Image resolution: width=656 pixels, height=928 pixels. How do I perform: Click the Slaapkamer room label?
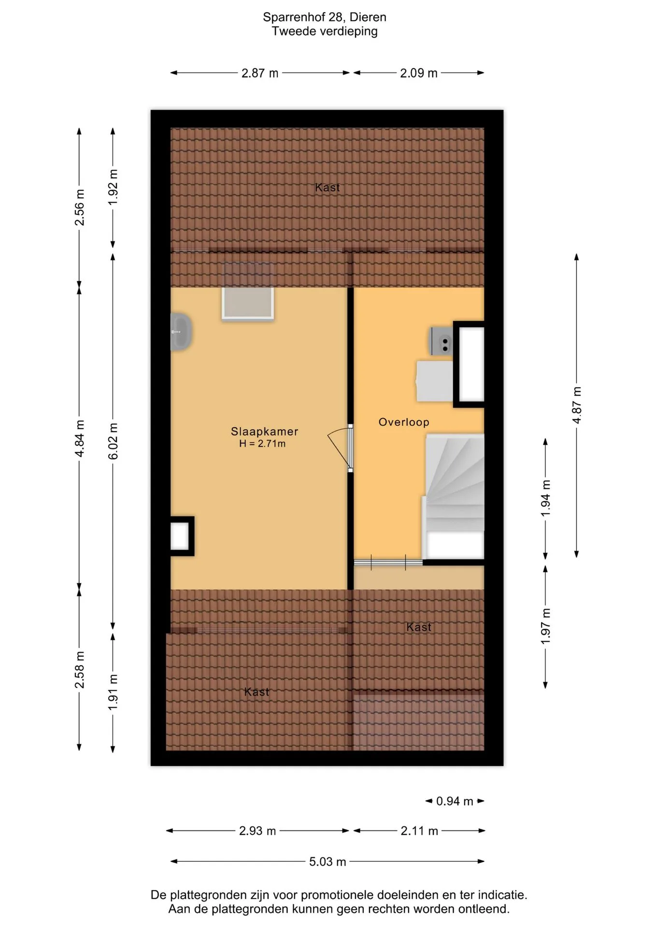pyautogui.click(x=264, y=431)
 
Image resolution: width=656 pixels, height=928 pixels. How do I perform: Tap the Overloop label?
pyautogui.click(x=404, y=422)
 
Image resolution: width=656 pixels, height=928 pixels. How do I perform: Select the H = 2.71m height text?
pyautogui.click(x=262, y=444)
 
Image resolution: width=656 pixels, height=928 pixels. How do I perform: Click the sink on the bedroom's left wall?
pyautogui.click(x=181, y=332)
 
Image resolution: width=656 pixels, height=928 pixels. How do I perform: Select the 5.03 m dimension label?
pyautogui.click(x=328, y=861)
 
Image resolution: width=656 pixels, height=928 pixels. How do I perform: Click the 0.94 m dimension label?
pyautogui.click(x=455, y=801)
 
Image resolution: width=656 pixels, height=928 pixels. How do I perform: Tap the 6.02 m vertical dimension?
pyautogui.click(x=113, y=441)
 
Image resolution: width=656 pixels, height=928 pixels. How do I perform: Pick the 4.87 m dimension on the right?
pyautogui.click(x=577, y=405)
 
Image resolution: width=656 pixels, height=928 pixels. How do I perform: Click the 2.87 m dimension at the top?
pyautogui.click(x=260, y=73)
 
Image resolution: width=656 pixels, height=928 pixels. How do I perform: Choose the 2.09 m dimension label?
pyautogui.click(x=419, y=73)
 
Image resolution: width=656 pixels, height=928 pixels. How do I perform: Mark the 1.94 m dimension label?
pyautogui.click(x=545, y=498)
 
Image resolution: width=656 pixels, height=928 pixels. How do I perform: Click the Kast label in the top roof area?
pyautogui.click(x=328, y=188)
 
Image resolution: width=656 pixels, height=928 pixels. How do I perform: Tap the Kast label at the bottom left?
pyautogui.click(x=257, y=692)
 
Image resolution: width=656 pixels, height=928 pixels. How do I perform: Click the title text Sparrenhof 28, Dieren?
pyautogui.click(x=325, y=17)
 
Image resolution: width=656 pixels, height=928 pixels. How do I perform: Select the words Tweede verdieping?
pyautogui.click(x=325, y=31)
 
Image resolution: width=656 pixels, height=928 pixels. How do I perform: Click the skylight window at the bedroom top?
pyautogui.click(x=248, y=291)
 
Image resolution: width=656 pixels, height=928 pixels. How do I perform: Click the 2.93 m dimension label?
pyautogui.click(x=257, y=831)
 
